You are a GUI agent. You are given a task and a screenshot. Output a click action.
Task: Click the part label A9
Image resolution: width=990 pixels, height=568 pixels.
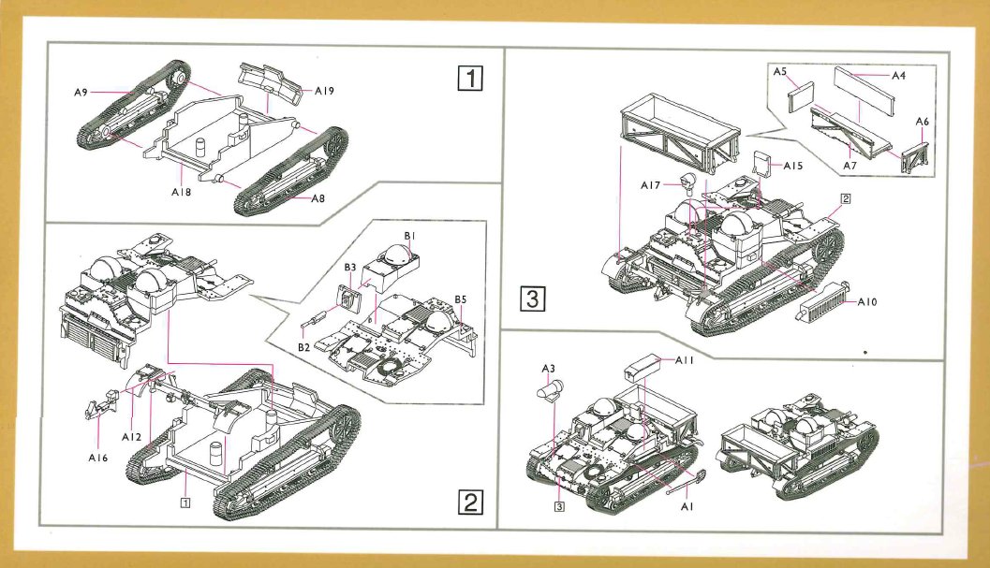point(81,92)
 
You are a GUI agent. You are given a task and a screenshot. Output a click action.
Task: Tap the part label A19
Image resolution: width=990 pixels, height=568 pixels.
point(325,91)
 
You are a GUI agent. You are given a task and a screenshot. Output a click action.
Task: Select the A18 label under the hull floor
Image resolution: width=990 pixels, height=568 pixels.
point(181,191)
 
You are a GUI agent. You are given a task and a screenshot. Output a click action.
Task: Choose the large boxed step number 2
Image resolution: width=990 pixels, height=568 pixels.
point(469,503)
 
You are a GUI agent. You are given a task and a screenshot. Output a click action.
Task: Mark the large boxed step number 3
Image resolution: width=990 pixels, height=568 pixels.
point(531,299)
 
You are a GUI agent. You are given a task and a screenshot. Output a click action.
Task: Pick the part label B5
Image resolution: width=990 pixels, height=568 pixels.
point(461,299)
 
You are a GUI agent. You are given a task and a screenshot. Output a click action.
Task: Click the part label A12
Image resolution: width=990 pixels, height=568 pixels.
point(131,436)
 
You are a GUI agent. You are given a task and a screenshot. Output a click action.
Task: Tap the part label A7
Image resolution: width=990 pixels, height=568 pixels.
point(850,165)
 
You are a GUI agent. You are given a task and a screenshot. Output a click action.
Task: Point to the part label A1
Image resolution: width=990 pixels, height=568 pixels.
point(687,505)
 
